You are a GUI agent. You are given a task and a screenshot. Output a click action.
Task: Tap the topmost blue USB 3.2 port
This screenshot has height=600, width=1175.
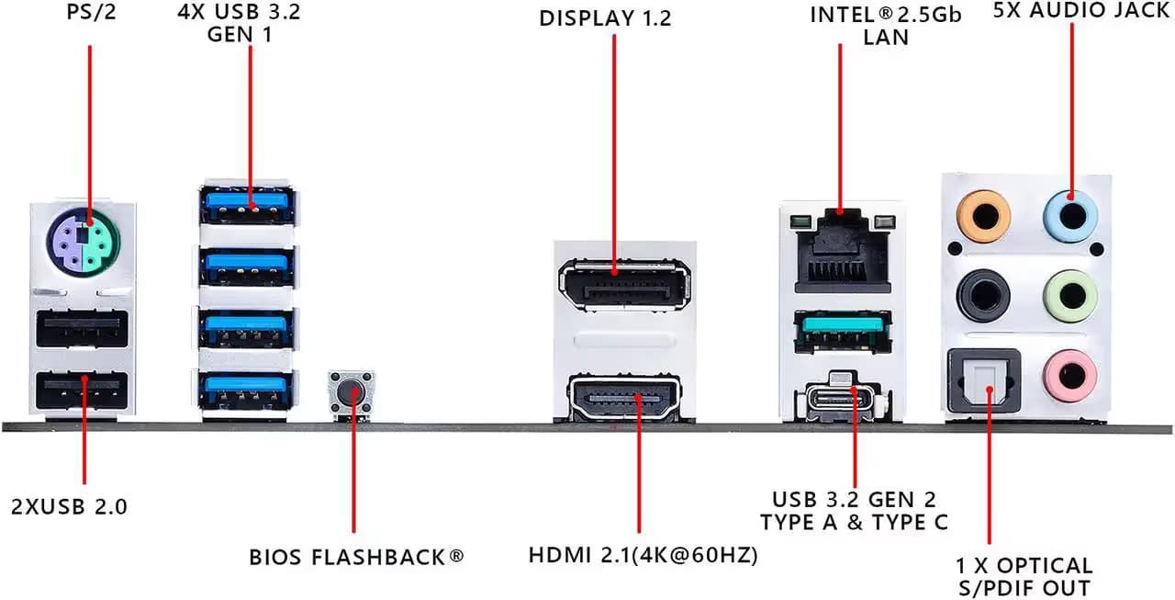(246, 203)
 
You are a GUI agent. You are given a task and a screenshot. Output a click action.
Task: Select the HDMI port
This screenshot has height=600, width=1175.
(624, 399)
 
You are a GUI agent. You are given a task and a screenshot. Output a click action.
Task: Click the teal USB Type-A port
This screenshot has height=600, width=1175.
(841, 332)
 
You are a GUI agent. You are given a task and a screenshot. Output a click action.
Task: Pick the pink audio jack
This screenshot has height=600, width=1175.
(1070, 373)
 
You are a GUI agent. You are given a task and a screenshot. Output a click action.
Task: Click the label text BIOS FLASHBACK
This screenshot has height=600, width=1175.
(356, 557)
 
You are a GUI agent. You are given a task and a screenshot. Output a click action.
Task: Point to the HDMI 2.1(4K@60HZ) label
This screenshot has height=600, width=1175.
(643, 556)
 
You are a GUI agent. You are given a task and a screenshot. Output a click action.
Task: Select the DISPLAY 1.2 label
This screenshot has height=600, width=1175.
(618, 18)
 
